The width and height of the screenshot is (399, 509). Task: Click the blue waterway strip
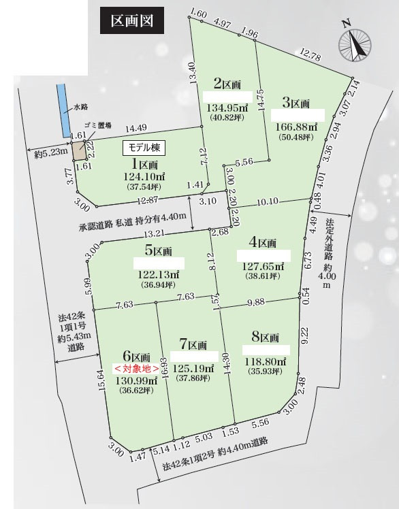pos(63,110)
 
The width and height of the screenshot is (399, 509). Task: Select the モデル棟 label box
pos(144,146)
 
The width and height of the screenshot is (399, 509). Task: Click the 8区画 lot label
pos(265,337)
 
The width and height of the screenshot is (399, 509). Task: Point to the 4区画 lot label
pos(261,242)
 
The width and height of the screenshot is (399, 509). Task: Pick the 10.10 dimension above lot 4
pos(268,201)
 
